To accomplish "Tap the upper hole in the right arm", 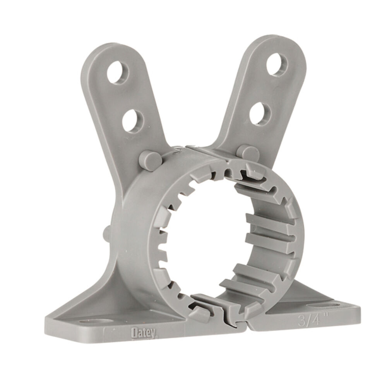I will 277,65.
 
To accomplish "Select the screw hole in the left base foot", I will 91,322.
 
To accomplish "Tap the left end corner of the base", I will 47,323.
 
